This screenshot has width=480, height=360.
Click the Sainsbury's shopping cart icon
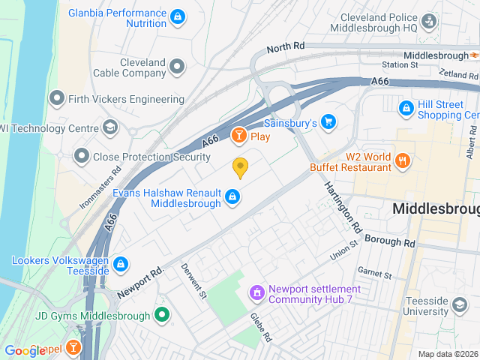click(x=328, y=121)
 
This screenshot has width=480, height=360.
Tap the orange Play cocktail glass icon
click(x=238, y=136)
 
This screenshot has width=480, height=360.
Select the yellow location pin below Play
click(x=240, y=168)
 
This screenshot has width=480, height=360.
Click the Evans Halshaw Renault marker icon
click(x=232, y=197)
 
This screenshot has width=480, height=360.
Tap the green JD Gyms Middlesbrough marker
click(x=161, y=316)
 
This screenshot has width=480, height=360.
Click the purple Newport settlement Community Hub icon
click(x=256, y=292)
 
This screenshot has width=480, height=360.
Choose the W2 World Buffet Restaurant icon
click(x=403, y=160)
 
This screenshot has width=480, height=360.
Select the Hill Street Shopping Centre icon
click(x=406, y=109)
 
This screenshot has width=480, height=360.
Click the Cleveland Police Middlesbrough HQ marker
click(x=429, y=20)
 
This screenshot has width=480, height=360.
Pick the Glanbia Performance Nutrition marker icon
click(x=177, y=16)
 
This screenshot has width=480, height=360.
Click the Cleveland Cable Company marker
click(x=177, y=67)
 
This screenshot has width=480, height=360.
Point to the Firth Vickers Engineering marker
click(x=56, y=98)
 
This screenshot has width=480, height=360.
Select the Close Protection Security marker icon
click(x=82, y=156)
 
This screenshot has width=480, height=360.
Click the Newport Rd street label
click(x=140, y=283)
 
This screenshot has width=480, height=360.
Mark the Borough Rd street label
click(x=389, y=241)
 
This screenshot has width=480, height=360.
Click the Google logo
click(x=25, y=350)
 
